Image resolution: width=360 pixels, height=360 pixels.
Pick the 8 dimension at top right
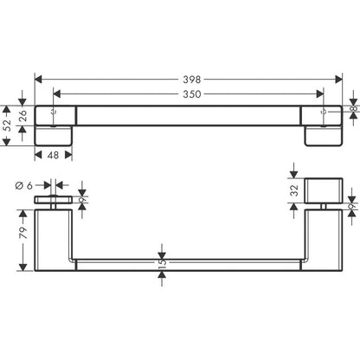(353, 110)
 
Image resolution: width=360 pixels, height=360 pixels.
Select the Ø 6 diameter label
(24, 183)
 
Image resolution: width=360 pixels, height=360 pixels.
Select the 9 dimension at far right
(353, 206)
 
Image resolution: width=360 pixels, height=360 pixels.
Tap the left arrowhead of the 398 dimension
(37, 77)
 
